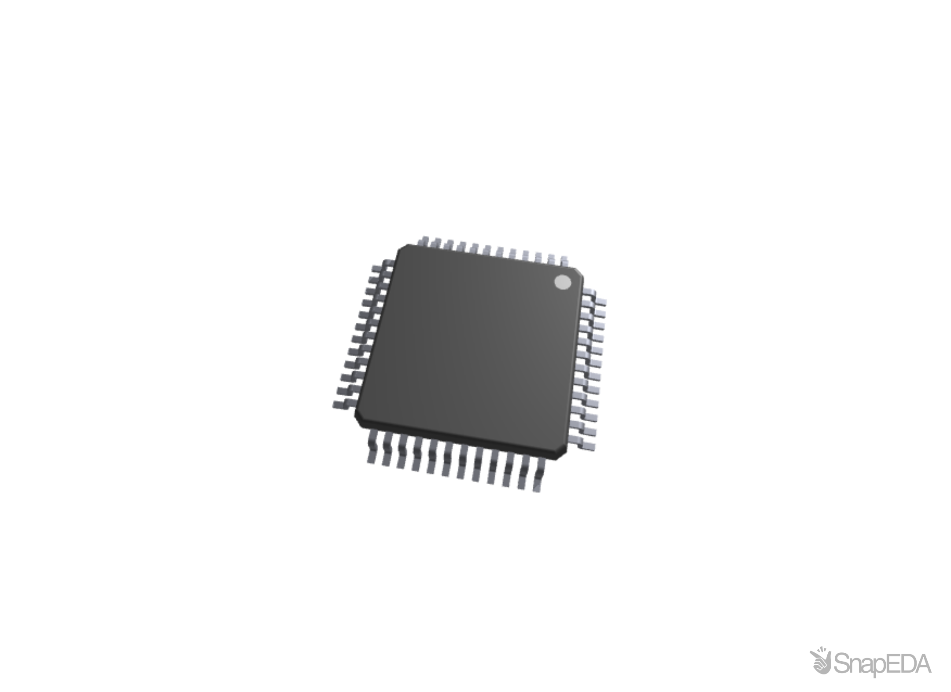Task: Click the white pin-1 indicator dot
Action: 562,283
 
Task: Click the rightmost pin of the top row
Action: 564,261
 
